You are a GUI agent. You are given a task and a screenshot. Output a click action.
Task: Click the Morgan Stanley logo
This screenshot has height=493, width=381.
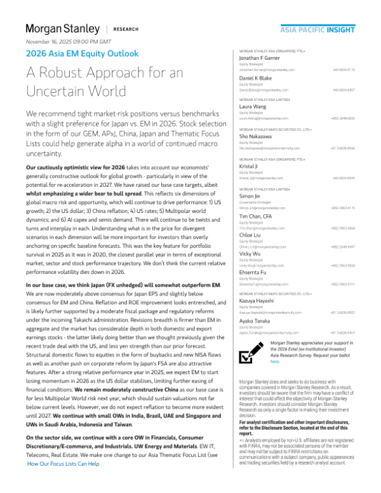coord(62,29)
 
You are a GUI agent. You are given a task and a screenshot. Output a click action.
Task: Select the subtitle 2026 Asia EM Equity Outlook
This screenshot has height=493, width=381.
coord(82,54)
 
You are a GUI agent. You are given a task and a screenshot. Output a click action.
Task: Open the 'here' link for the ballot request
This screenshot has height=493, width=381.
coord(274,361)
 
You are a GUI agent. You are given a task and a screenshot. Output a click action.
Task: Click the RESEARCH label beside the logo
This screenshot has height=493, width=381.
coord(128,29)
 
